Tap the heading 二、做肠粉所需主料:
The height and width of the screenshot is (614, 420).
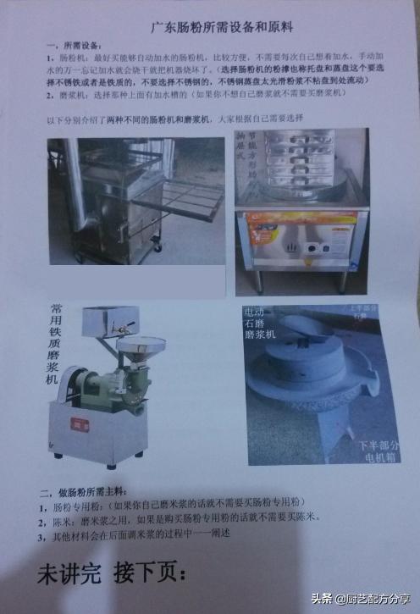click(83, 493)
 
